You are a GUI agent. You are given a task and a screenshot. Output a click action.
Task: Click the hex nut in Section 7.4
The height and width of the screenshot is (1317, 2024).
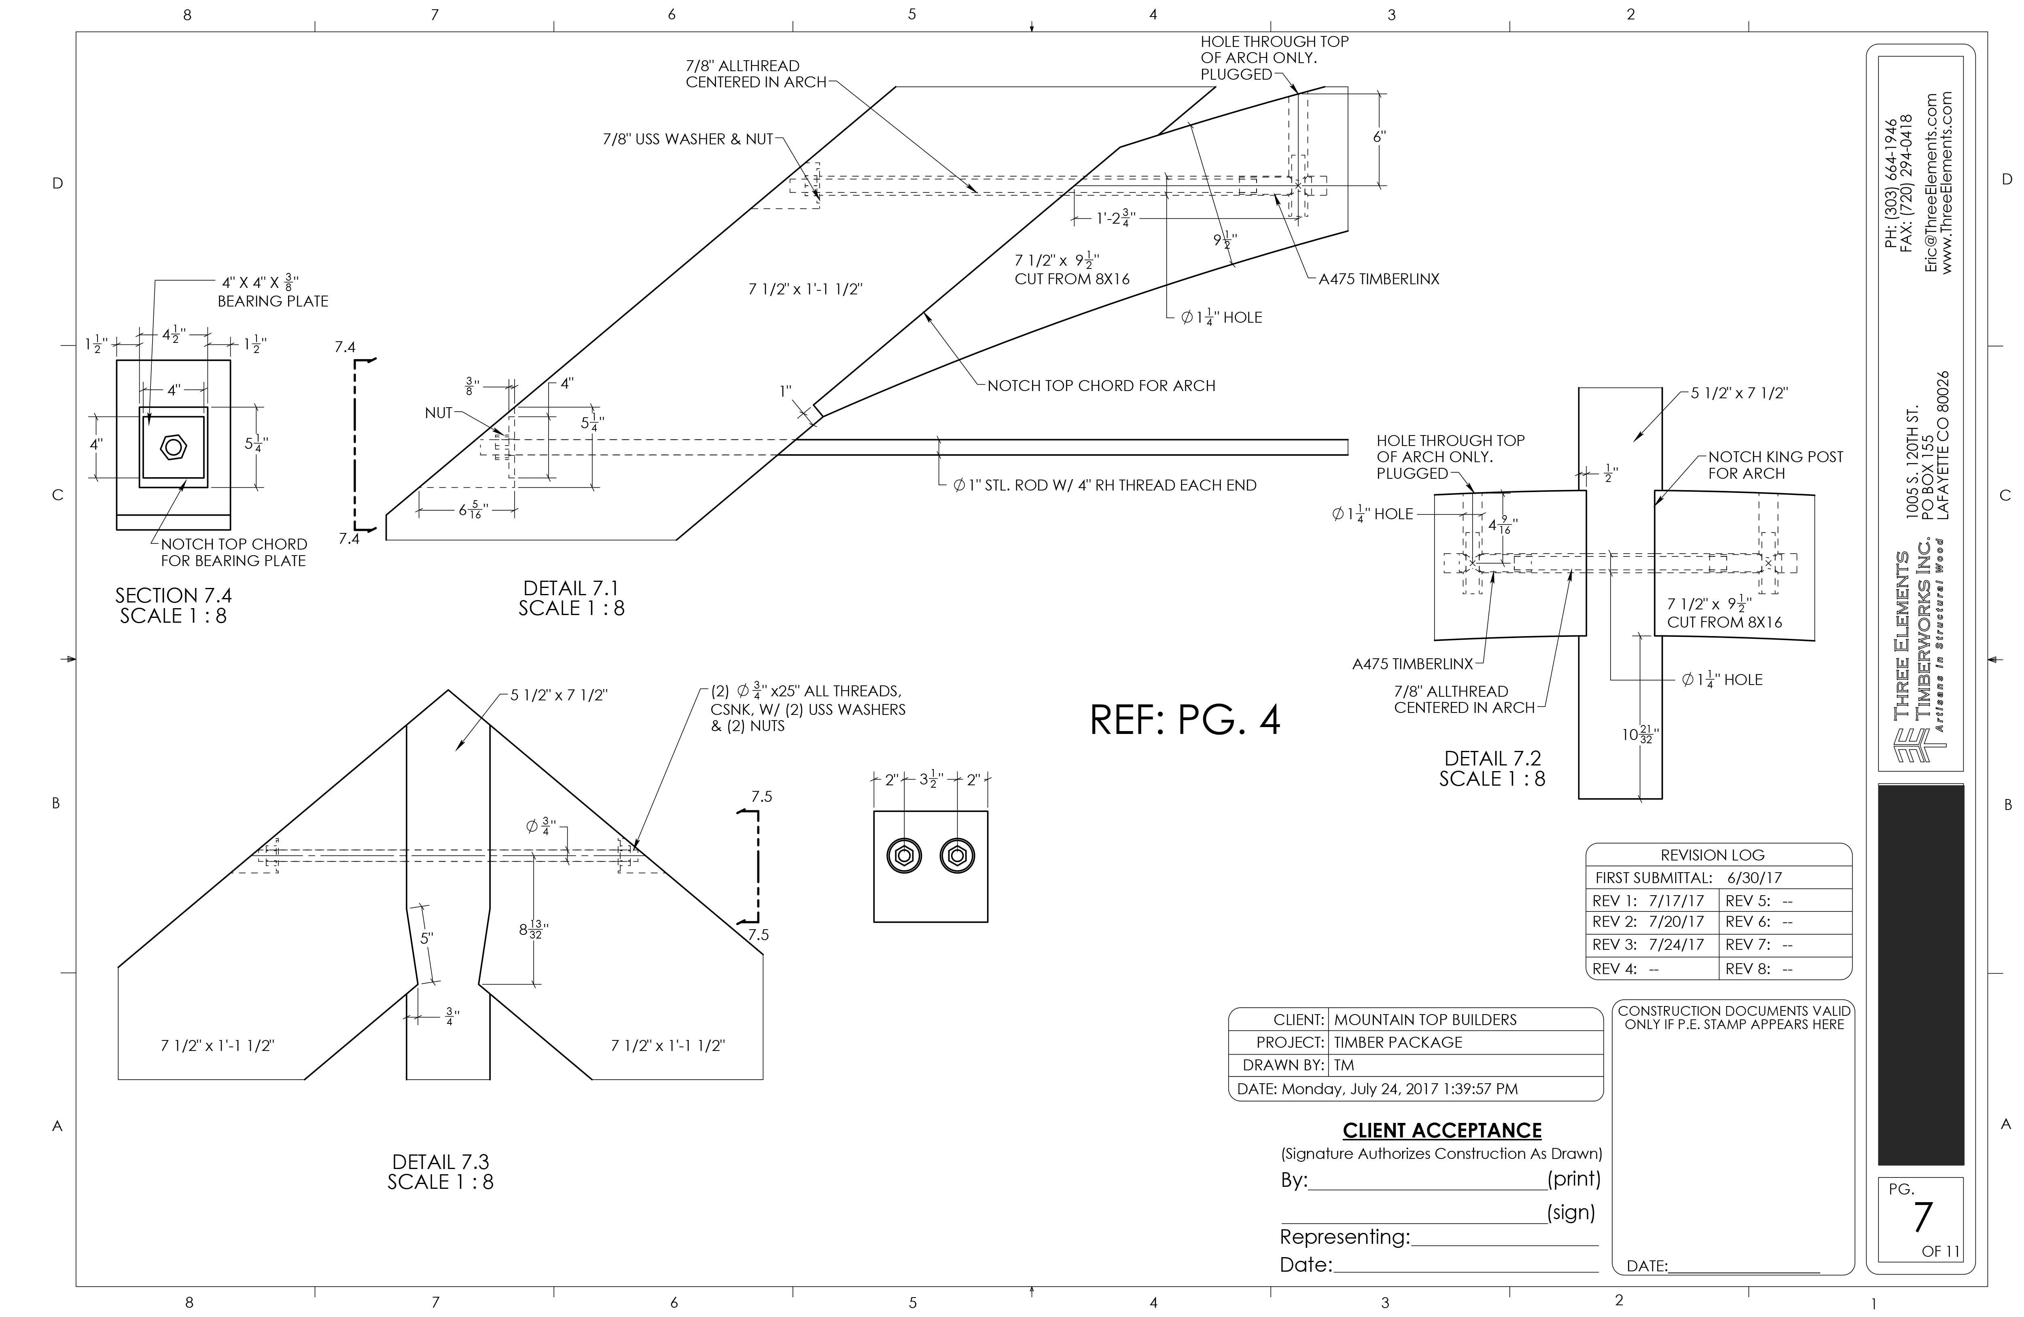click(174, 446)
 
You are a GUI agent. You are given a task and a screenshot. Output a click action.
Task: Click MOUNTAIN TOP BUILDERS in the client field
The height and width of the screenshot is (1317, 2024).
click(1424, 1019)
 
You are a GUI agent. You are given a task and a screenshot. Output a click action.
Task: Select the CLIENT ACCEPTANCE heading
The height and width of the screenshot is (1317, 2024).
click(1441, 1130)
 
